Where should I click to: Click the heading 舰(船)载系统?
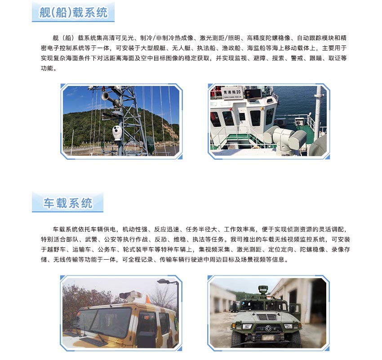point(73,13)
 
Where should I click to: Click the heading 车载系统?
point(68,203)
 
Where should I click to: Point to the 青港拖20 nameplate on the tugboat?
point(232,93)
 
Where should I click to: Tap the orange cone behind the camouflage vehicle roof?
point(148,299)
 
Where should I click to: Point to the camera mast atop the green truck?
point(262,292)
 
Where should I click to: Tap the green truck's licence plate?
point(269,338)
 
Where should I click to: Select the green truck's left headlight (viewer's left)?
point(247,326)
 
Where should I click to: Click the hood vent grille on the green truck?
point(267,317)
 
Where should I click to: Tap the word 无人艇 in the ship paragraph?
point(181,48)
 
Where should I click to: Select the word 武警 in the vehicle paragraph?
point(91,239)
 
